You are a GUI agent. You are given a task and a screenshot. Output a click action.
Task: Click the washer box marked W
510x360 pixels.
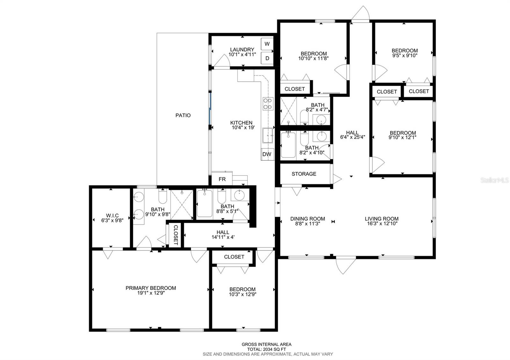pyautogui.click(x=267, y=44)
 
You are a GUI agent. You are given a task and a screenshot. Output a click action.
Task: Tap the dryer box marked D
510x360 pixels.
pyautogui.click(x=267, y=58)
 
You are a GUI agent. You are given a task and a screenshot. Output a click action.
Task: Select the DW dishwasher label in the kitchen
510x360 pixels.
pyautogui.click(x=267, y=154)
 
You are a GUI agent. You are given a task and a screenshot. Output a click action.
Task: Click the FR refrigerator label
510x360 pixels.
pyautogui.click(x=222, y=179)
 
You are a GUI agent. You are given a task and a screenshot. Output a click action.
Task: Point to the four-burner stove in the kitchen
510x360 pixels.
pyautogui.click(x=268, y=104)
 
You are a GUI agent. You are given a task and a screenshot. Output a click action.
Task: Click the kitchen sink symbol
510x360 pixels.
pyautogui.click(x=267, y=135)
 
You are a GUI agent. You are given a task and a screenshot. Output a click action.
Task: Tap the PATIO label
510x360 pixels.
pyautogui.click(x=183, y=115)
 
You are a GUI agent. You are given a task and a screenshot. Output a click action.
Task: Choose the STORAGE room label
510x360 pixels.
pyautogui.click(x=304, y=174)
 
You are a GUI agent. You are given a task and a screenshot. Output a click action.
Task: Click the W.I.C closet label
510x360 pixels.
pyautogui.click(x=112, y=215)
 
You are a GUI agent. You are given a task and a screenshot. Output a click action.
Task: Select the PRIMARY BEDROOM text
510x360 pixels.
pyautogui.click(x=151, y=288)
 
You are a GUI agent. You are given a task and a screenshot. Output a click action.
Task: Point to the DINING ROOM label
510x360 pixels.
pyautogui.click(x=308, y=219)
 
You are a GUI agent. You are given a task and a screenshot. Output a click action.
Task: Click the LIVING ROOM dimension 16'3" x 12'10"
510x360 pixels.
pyautogui.click(x=382, y=223)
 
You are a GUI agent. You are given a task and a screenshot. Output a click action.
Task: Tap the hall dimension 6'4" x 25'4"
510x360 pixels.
pyautogui.click(x=353, y=137)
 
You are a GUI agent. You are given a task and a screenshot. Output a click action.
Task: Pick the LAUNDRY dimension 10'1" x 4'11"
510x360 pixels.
pyautogui.click(x=242, y=54)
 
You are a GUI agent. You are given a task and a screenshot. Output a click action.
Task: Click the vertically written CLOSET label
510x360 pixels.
pyautogui.click(x=176, y=235)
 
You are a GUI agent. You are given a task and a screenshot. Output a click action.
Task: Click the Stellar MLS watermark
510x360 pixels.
pyautogui.click(x=494, y=180)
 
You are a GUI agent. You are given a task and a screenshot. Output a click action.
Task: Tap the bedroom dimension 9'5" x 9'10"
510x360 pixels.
pyautogui.click(x=405, y=55)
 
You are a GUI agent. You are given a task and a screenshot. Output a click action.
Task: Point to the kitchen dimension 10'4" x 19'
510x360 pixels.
pyautogui.click(x=243, y=127)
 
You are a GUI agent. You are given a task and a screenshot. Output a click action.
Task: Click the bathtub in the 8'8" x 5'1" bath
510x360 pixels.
pyautogui.click(x=204, y=204)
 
